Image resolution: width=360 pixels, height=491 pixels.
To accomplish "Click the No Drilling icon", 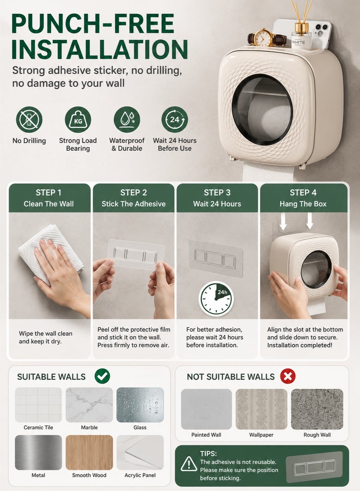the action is pos(29,120).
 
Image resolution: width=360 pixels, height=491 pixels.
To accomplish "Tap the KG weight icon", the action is pos(78,120).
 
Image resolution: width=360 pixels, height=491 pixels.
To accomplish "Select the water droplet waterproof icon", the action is pos(127,120).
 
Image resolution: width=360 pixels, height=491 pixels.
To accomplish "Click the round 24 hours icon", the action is pos(175,120).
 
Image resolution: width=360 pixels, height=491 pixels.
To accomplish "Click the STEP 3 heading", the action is pos(217,193).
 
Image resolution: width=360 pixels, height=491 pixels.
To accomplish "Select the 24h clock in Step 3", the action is pos(216,298).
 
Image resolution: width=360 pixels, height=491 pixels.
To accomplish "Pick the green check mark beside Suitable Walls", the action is pos(102,376).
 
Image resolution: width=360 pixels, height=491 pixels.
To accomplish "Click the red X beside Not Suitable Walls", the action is pos(288,376).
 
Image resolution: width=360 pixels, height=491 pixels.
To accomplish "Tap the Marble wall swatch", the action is pos(89,405).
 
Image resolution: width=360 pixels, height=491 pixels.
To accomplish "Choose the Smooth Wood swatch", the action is pos(89,452).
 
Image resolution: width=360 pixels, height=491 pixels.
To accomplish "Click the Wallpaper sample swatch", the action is pos(261,409).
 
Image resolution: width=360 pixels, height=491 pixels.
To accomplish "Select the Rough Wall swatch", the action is pos(317,409).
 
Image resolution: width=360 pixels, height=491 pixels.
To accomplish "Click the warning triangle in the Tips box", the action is pos(189,464).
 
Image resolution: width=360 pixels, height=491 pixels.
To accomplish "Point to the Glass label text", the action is pos(140,428).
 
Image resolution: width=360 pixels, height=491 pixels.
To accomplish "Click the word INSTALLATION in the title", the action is pos(99,49).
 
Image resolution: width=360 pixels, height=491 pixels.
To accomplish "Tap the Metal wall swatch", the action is pos(38,452).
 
